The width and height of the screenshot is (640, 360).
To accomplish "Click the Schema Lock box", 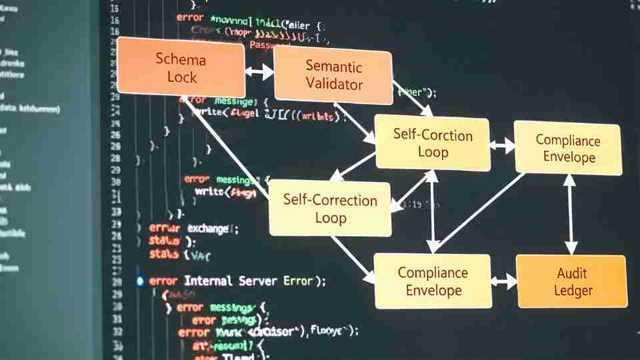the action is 181,67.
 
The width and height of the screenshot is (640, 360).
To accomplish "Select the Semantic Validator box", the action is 333,75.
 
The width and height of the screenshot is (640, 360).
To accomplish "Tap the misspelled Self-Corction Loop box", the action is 432,143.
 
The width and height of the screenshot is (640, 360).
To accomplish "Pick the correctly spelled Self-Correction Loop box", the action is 330,208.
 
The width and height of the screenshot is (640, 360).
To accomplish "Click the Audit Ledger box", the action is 573,281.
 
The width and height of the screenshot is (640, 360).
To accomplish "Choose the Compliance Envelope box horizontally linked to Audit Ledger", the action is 433,281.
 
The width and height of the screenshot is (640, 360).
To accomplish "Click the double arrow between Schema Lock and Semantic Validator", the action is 259,71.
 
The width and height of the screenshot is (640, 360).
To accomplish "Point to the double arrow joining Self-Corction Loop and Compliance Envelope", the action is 502,145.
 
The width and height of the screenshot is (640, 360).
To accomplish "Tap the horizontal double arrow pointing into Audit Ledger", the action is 505,281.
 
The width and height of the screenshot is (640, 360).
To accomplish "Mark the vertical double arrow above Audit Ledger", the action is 570,215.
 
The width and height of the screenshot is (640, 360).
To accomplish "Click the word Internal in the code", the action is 208,281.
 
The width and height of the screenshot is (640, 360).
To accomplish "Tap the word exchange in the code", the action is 208,229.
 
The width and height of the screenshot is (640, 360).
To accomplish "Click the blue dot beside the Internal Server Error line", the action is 139,281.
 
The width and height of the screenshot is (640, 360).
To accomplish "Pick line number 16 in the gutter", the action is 115,21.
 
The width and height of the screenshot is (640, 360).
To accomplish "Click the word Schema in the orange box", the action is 181,59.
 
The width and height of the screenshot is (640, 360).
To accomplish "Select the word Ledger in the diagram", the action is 573,291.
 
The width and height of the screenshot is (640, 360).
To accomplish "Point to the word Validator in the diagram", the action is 334,85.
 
